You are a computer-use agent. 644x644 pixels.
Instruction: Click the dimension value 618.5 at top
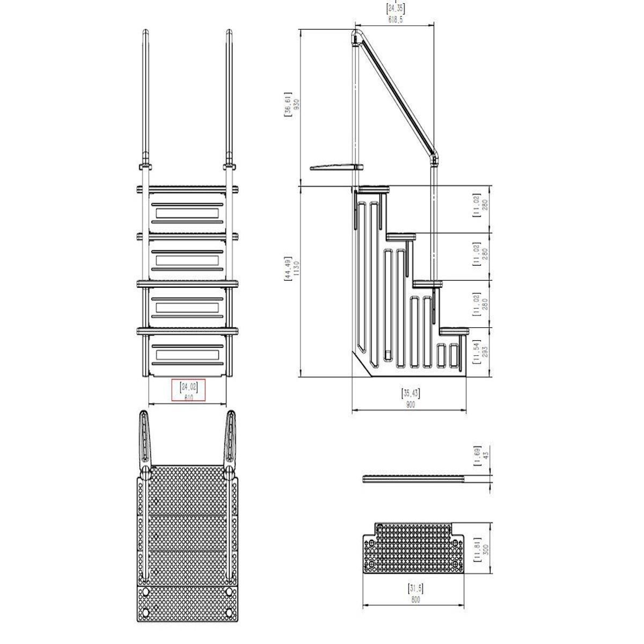(x=395, y=19)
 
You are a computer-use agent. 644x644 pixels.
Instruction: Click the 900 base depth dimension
(x=411, y=406)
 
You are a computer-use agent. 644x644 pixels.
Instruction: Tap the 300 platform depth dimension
(x=485, y=551)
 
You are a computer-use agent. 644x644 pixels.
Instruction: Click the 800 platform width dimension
(x=415, y=600)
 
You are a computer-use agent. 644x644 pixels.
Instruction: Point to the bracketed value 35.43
(x=411, y=393)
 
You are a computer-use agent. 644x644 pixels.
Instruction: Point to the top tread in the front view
(x=188, y=189)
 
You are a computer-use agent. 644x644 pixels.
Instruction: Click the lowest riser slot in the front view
(x=187, y=355)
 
